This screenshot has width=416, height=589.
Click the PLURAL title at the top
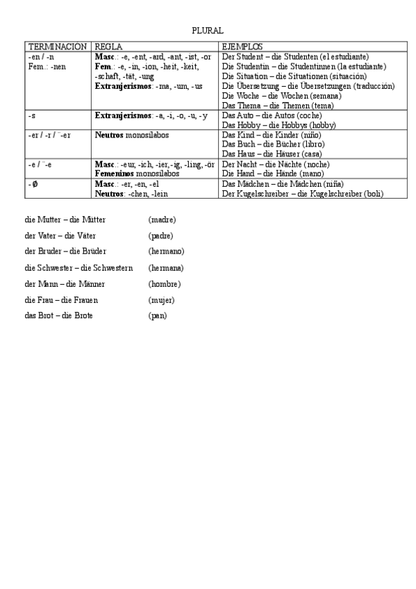coord(208,31)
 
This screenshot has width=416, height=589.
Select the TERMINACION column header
coord(57,46)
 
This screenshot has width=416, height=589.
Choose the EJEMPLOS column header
coord(242,46)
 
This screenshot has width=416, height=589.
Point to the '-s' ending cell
coord(32,115)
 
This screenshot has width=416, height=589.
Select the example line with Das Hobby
coord(278,124)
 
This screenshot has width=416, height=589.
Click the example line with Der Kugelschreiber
coord(301,194)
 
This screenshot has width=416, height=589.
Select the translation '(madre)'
coord(162,219)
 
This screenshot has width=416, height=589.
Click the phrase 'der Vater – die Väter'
coord(60,235)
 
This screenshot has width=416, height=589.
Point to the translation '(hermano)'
coord(166,251)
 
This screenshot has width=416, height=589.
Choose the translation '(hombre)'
coord(165,283)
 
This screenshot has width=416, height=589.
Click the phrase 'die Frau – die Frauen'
coord(61,299)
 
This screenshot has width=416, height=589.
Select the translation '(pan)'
coord(158,315)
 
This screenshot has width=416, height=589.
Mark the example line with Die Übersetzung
coord(308,85)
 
